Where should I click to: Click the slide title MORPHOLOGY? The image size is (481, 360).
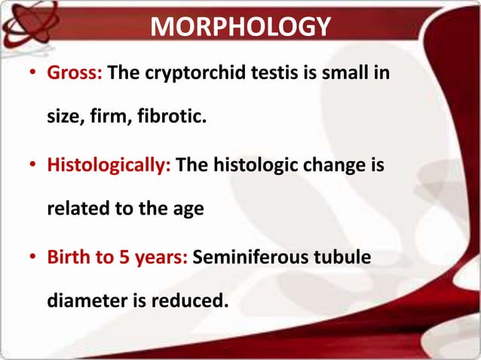click(x=240, y=27)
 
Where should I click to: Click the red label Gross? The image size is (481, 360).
click(x=77, y=75)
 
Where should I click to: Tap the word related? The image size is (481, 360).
click(x=78, y=208)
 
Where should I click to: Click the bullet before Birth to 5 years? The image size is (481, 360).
click(x=31, y=258)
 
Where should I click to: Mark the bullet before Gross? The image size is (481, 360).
click(x=31, y=76)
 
